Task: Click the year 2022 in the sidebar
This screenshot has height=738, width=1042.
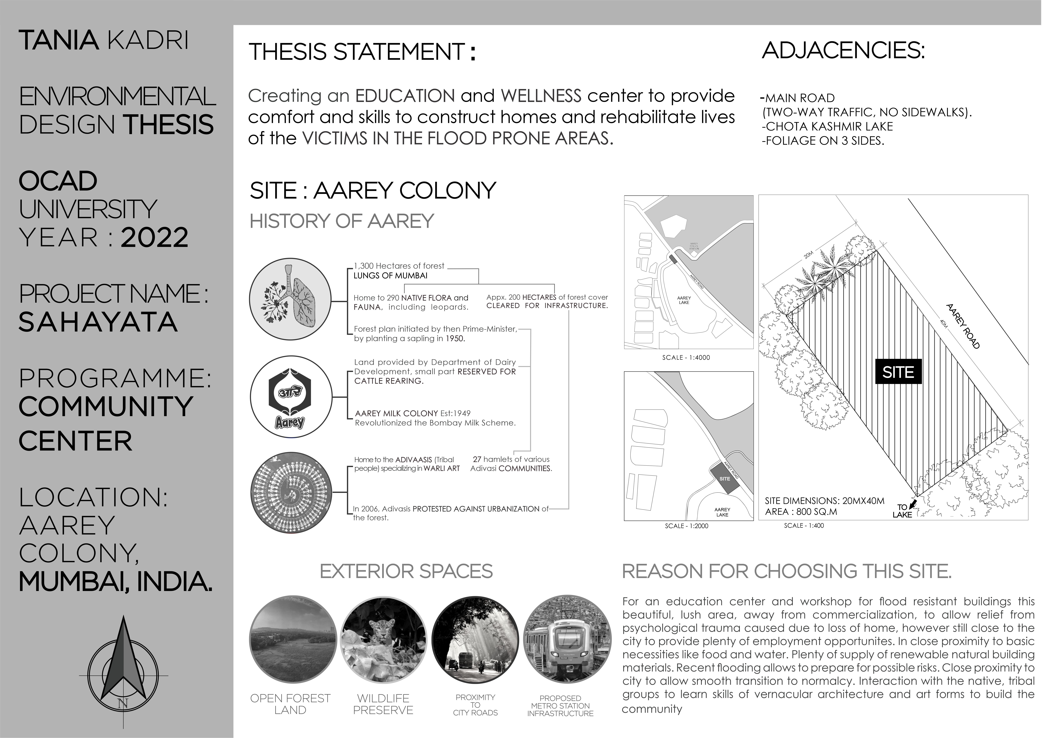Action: click(154, 238)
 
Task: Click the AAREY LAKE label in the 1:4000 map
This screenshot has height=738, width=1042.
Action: click(684, 300)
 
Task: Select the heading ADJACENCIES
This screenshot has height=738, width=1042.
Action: click(843, 50)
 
